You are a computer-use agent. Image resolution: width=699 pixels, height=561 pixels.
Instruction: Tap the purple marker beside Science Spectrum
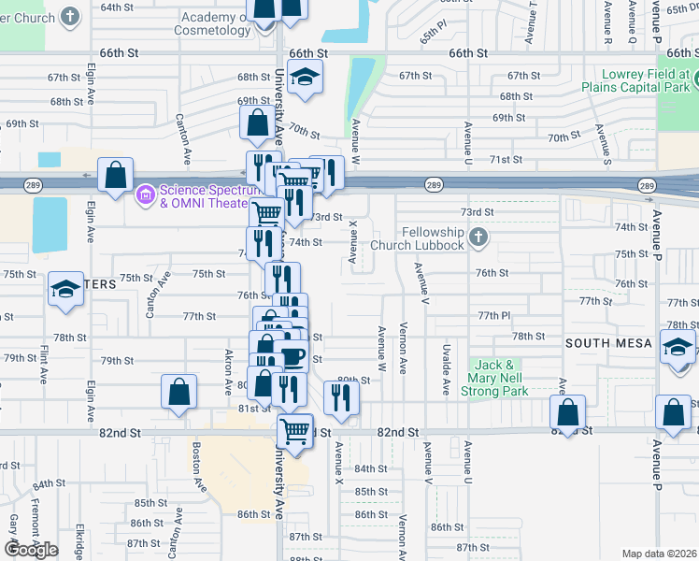pos(145,196)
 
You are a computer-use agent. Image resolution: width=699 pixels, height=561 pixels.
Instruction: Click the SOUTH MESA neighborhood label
pos(608,343)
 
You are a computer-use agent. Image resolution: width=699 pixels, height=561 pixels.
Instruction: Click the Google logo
pos(31,549)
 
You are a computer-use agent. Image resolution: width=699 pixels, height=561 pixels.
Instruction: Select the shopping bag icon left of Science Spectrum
pos(115,175)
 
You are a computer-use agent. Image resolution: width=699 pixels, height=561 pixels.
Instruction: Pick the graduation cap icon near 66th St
pos(305,79)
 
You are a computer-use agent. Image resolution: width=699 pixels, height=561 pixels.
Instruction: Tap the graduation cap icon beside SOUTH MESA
pos(678,347)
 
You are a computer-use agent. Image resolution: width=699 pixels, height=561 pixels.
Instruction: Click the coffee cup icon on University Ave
pos(292,356)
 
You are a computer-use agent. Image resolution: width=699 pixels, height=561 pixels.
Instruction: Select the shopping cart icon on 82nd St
pos(295,431)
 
